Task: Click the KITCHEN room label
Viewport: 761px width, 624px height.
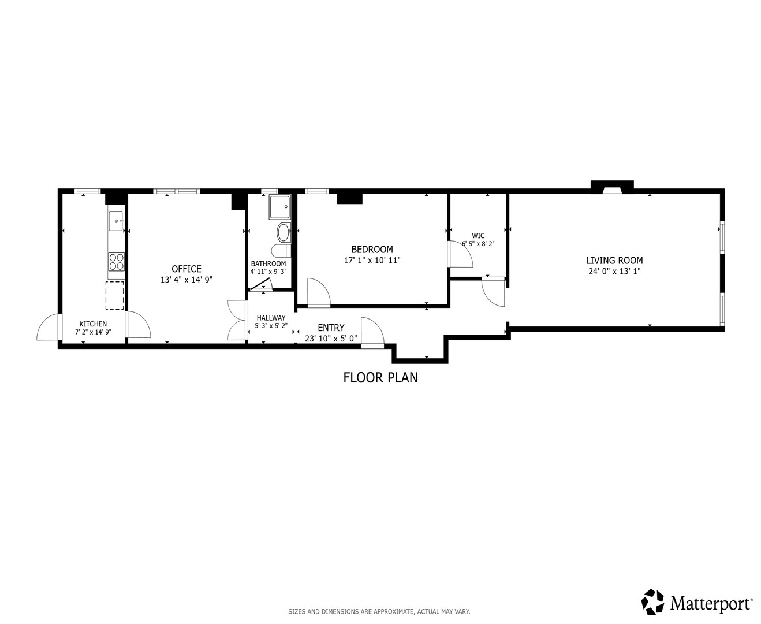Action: [93, 324]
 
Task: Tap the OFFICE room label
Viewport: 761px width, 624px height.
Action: [186, 269]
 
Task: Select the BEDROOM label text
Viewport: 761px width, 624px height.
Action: [372, 249]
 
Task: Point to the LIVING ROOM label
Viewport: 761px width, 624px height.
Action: [614, 260]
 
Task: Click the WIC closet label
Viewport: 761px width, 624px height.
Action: [478, 236]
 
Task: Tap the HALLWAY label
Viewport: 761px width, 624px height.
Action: [271, 318]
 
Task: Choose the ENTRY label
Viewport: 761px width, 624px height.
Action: [331, 328]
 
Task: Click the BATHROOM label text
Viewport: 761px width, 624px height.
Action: [268, 263]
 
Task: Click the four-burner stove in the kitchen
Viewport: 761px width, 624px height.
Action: [117, 262]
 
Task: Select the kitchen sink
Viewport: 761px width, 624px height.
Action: [117, 221]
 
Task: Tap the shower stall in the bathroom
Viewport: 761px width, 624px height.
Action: [279, 207]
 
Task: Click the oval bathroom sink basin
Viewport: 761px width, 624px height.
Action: [283, 232]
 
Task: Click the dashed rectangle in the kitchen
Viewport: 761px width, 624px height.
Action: [115, 295]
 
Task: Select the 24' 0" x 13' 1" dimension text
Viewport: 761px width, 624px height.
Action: [614, 271]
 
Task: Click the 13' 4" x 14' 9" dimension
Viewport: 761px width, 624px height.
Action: [186, 280]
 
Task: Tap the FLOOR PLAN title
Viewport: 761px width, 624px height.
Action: [380, 378]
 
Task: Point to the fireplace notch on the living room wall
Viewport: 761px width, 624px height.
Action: [612, 187]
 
